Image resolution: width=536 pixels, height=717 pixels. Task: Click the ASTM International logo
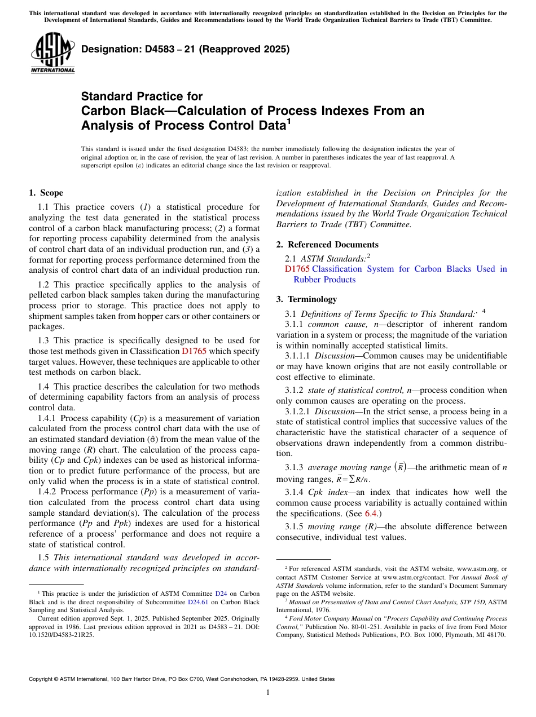click(52, 54)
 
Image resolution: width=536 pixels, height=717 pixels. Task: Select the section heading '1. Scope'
click(46, 193)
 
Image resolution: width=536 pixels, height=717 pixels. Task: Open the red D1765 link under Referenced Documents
click(297, 269)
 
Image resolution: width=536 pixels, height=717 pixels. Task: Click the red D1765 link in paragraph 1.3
click(193, 351)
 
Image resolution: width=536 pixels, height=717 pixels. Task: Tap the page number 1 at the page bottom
click(268, 692)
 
